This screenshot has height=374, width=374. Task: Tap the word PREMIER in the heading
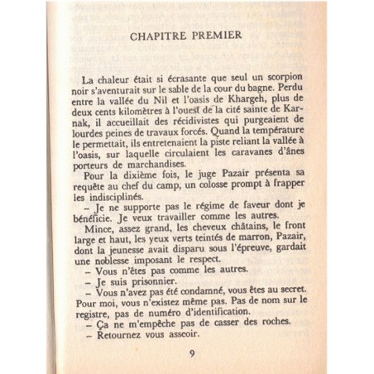click(x=214, y=36)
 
